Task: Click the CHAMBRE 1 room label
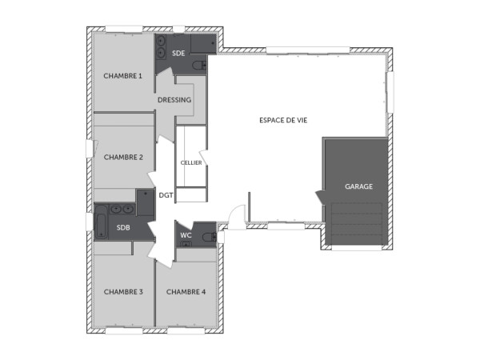tap(122, 76)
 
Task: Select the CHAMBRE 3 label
tap(123, 292)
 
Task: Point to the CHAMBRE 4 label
tap(186, 292)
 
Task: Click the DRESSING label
tap(174, 100)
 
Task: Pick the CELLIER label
tap(191, 162)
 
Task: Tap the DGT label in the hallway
tap(166, 194)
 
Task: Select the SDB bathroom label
tap(123, 228)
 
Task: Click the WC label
tap(186, 235)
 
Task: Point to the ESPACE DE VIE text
tap(283, 120)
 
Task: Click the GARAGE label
tap(358, 186)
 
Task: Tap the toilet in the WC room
tap(207, 237)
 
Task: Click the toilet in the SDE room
tap(200, 65)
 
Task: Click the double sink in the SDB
tap(122, 209)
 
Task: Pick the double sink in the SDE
tap(161, 46)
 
